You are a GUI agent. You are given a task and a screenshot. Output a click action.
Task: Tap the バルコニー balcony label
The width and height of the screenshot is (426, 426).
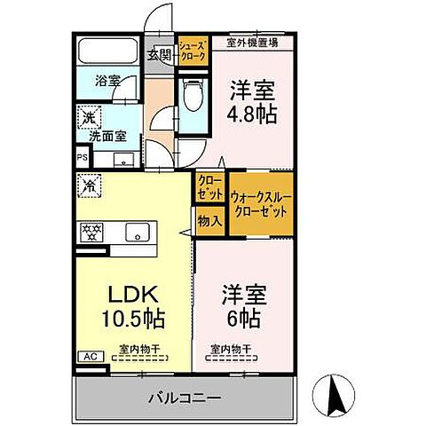pyautogui.click(x=185, y=398)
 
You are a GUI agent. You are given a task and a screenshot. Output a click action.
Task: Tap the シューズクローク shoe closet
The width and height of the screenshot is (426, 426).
pyautogui.click(x=193, y=50)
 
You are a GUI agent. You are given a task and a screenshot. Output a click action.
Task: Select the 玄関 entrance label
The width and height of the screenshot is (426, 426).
pyautogui.click(x=160, y=55)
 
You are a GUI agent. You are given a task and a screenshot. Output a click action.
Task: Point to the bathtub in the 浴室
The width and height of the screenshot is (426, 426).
pyautogui.click(x=109, y=52)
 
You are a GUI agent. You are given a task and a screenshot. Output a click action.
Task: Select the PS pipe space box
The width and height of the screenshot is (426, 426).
pyautogui.click(x=82, y=160)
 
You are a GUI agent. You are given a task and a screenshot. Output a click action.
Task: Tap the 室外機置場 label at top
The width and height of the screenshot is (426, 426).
pyautogui.click(x=251, y=42)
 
